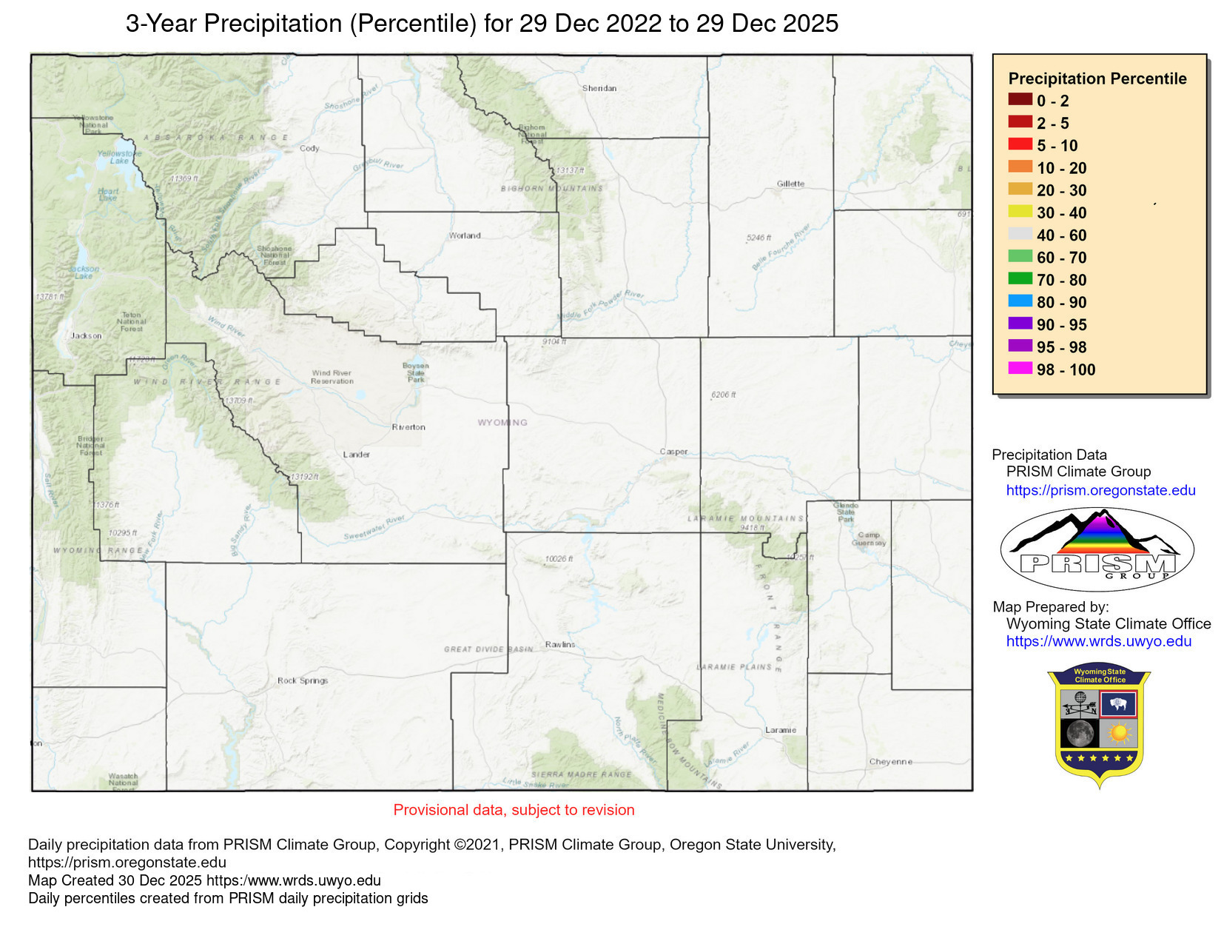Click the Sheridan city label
(x=599, y=88)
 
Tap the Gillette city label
(x=790, y=184)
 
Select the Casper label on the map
(x=673, y=452)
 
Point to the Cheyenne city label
(x=890, y=762)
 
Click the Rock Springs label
(x=303, y=680)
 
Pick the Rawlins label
(x=559, y=645)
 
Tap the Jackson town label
(x=86, y=336)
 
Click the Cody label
(x=309, y=149)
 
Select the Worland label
(x=465, y=236)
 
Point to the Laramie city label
(x=781, y=730)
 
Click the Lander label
(x=356, y=455)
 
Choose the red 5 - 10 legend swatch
(x=1020, y=144)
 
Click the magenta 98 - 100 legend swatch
(x=1020, y=368)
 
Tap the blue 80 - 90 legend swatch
(x=1020, y=301)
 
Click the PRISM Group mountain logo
(x=1097, y=549)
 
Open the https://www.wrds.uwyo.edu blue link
(x=1098, y=642)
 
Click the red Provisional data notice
(x=514, y=810)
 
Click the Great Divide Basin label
(x=488, y=649)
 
